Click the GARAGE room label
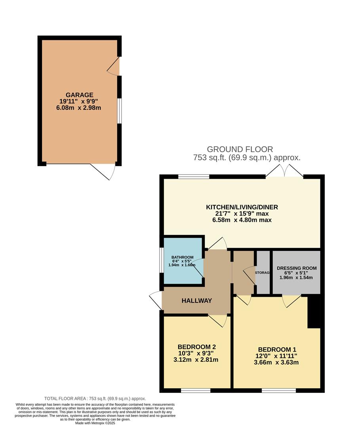point(79,95)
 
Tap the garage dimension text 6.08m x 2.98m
point(79,107)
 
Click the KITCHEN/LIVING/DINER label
point(242,207)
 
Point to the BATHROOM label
point(182,257)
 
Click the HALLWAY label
point(197,300)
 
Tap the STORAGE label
point(263,273)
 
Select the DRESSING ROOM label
point(297,268)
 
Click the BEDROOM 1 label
point(277,349)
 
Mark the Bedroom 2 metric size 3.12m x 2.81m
point(196,360)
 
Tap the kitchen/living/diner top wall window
point(194,177)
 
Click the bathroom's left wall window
point(161,260)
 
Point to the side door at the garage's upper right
point(114,67)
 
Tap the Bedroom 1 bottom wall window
point(278,391)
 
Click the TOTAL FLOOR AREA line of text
point(95,398)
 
